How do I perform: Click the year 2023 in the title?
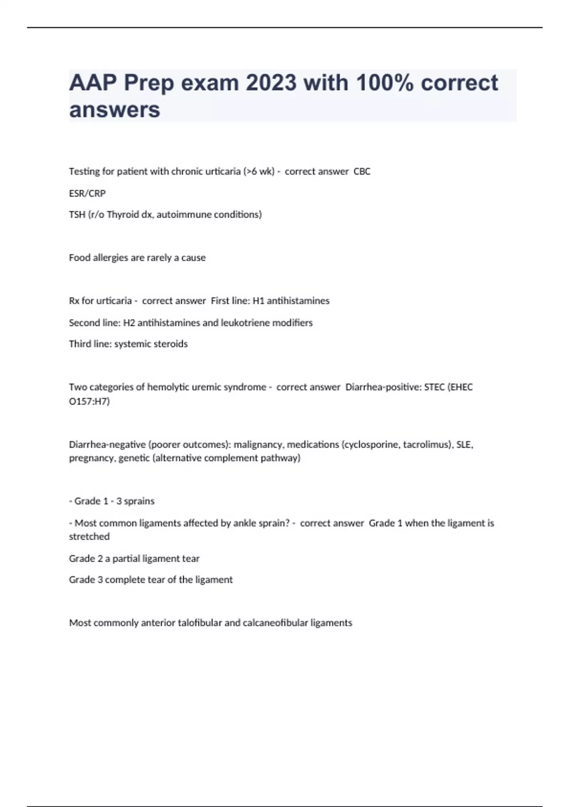(271, 83)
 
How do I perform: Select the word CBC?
(362, 171)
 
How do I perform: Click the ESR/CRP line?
(87, 193)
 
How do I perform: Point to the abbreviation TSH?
(77, 215)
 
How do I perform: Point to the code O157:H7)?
(89, 402)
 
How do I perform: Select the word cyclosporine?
(371, 445)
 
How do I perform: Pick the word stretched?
(89, 536)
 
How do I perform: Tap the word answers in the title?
(114, 110)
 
